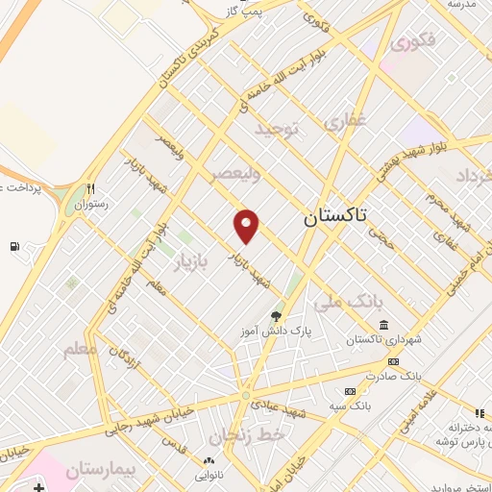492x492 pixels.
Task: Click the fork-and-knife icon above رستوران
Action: tap(91, 188)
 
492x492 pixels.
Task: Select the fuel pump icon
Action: tap(13, 246)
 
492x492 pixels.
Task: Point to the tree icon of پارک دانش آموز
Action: tap(276, 316)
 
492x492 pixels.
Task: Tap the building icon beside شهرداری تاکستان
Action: tap(384, 324)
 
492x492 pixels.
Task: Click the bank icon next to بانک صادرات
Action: tap(392, 361)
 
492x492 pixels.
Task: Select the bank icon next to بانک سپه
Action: tap(349, 391)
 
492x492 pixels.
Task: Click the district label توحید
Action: tap(278, 127)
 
